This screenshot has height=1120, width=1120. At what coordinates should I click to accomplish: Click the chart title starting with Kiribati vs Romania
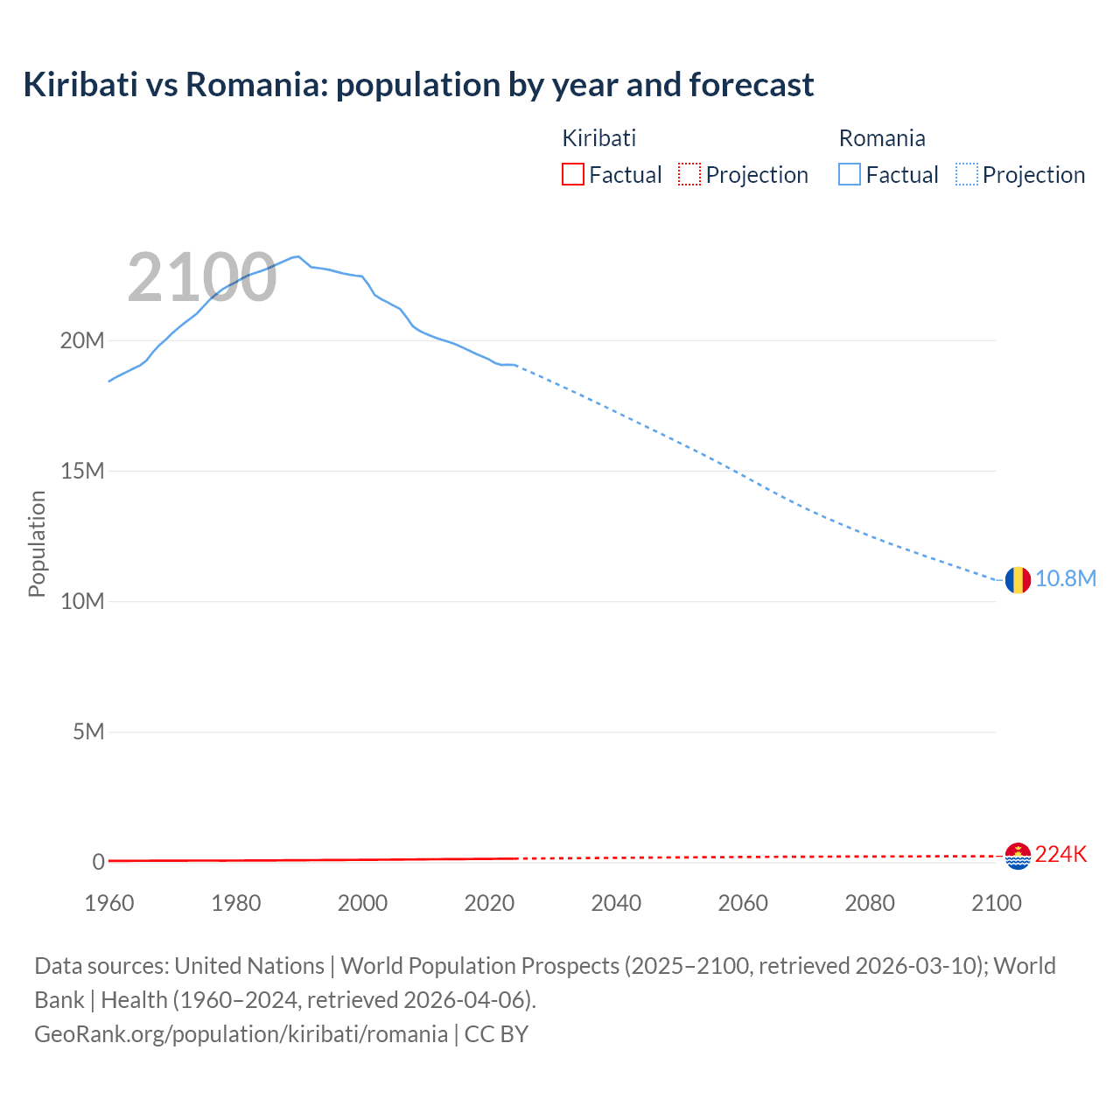(418, 85)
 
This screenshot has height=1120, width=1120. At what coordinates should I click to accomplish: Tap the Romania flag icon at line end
(1018, 579)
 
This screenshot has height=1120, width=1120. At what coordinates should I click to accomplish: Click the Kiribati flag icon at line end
(1018, 856)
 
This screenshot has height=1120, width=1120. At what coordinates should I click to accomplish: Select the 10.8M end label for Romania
(1065, 579)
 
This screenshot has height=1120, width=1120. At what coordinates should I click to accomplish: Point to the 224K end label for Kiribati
(1060, 855)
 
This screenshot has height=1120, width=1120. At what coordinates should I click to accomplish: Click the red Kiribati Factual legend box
(572, 174)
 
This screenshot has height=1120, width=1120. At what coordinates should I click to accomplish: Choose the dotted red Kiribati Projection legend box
(689, 174)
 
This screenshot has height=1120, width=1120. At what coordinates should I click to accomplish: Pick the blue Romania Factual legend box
(850, 174)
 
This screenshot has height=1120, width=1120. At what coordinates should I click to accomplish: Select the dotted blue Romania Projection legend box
(967, 174)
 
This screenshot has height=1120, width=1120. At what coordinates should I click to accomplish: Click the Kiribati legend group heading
(598, 138)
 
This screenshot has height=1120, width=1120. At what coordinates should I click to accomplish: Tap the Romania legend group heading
(882, 138)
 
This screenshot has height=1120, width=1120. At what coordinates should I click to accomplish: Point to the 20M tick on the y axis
(82, 340)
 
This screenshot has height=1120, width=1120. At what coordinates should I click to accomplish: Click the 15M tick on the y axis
(82, 471)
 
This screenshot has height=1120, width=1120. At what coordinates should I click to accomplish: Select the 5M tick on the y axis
(88, 731)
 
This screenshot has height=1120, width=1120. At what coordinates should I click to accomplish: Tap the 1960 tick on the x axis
(109, 903)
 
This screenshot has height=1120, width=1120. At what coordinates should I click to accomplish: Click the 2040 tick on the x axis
(616, 903)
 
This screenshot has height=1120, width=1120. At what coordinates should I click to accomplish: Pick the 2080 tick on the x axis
(870, 903)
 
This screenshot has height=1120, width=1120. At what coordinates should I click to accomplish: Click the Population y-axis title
(37, 543)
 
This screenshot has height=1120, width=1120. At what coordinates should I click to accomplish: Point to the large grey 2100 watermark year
(202, 278)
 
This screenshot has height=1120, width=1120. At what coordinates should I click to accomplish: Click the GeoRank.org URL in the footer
(241, 1034)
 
